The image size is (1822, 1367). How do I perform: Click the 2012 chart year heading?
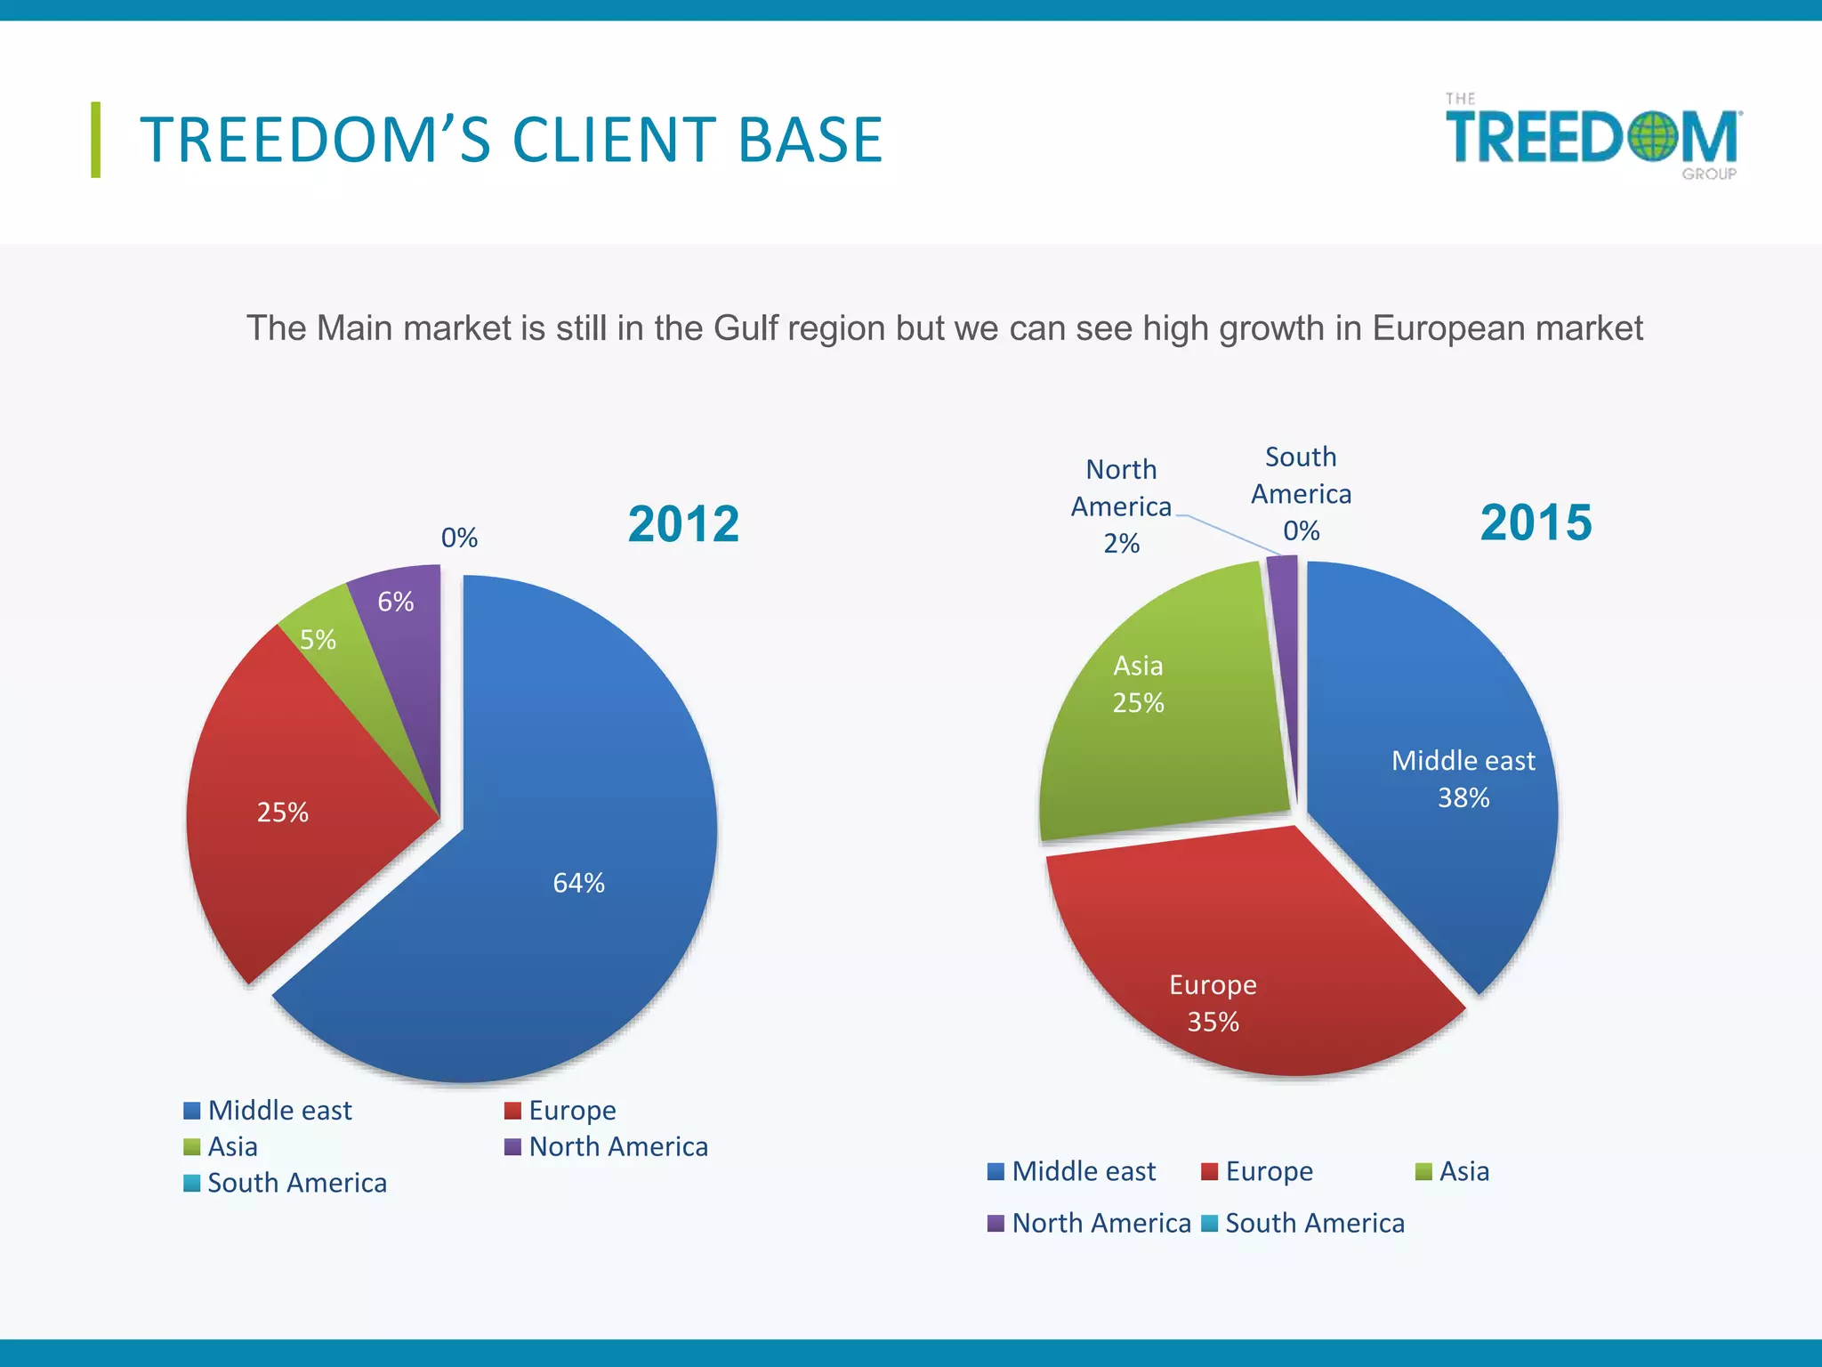click(683, 523)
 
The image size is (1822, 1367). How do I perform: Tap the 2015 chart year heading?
click(1536, 522)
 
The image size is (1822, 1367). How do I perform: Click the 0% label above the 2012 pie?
click(459, 538)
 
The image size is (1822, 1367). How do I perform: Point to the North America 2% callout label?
click(1121, 506)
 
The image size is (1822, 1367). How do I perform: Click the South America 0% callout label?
click(1301, 494)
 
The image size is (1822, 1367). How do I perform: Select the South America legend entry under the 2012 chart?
click(286, 1183)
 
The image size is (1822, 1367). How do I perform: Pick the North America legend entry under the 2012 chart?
click(607, 1146)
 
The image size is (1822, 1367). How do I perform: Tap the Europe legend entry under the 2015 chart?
click(1257, 1171)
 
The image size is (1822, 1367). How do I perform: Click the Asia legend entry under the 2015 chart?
click(1453, 1171)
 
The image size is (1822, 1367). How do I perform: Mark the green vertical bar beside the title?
click(95, 140)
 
